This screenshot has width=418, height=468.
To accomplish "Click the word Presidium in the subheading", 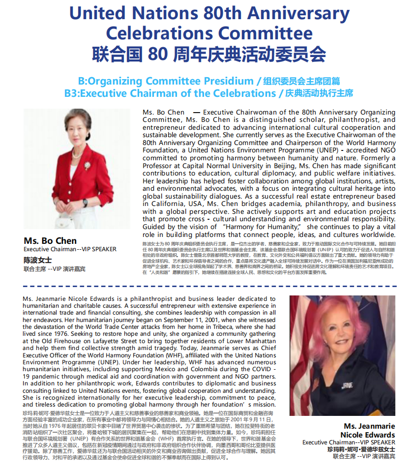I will point(224,81).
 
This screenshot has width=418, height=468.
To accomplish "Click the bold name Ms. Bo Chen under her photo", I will point(50,240).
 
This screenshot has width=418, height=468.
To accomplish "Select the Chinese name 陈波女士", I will point(37,260).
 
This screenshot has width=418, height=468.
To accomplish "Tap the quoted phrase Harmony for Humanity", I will point(262,227).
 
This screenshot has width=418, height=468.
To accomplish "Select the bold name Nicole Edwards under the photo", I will point(367,435).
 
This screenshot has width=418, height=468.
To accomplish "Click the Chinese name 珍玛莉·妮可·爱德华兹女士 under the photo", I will point(361,449).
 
